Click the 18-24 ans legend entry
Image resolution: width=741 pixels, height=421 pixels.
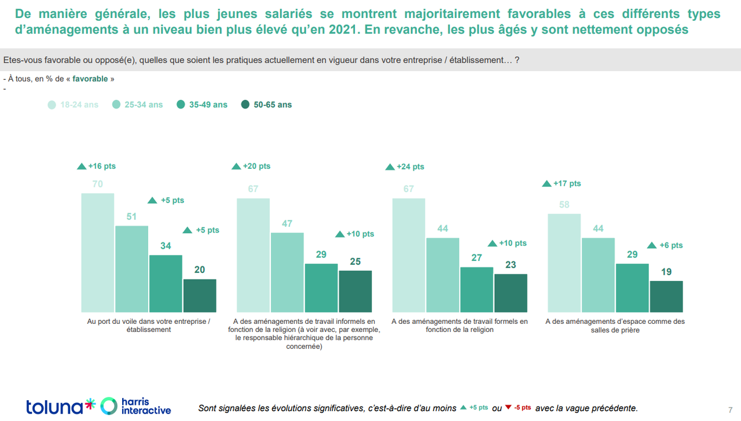(x=73, y=105)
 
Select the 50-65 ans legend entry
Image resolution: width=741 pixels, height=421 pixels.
(x=266, y=105)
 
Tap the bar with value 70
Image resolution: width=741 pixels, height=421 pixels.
(x=97, y=253)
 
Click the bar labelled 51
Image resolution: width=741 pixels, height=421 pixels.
(x=131, y=269)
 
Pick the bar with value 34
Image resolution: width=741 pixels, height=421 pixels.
(x=166, y=283)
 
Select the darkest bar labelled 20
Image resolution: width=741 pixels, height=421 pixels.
(x=200, y=296)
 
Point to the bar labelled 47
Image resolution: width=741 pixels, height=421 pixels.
(x=287, y=272)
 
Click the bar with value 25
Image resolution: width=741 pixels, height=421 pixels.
(x=355, y=291)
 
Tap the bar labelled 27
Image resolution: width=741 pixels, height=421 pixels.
(x=476, y=290)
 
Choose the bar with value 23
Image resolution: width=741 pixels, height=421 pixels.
(x=511, y=293)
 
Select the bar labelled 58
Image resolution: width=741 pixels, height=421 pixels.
(x=564, y=263)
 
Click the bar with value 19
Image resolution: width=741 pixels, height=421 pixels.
(x=666, y=297)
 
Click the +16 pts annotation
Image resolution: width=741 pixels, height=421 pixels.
(x=97, y=166)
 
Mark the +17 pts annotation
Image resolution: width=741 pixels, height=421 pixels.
(x=562, y=183)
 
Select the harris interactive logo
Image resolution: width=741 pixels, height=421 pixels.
(x=136, y=406)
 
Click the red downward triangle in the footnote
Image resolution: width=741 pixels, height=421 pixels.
(x=508, y=407)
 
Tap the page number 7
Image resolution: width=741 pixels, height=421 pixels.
(x=729, y=409)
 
